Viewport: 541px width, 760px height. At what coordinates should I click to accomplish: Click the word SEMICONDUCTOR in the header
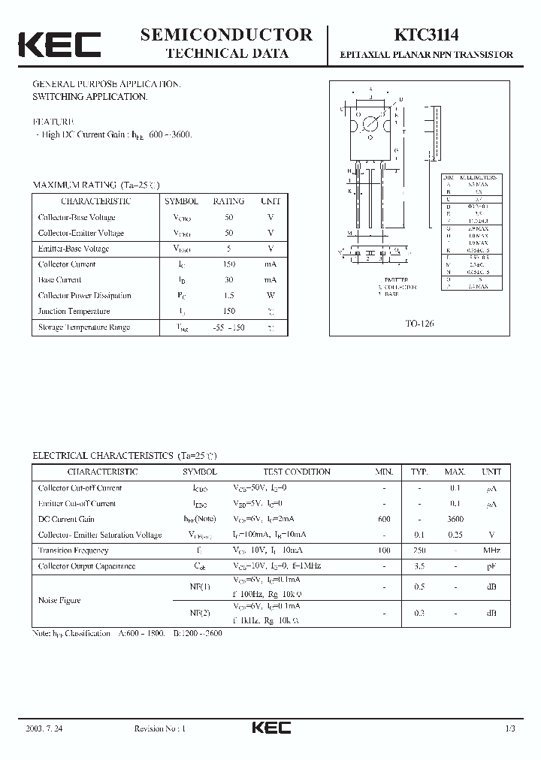[226, 35]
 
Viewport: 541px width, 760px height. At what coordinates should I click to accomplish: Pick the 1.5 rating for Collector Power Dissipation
[228, 295]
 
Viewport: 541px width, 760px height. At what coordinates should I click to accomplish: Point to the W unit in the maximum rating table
[270, 295]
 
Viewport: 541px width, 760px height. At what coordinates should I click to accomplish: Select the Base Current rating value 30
[228, 279]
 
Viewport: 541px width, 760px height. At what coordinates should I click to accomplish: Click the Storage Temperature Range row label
[83, 327]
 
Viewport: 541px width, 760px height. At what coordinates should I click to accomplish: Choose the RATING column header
[228, 201]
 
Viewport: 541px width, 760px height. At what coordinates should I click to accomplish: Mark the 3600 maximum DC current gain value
[455, 519]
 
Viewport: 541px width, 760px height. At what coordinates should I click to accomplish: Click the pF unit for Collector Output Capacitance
[491, 566]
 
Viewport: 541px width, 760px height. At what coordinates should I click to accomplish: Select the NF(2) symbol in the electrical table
[200, 614]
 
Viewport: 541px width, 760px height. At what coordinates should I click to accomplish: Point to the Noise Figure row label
[59, 600]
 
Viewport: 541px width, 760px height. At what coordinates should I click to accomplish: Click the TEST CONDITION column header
[297, 472]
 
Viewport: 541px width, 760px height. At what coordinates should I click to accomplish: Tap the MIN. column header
[384, 472]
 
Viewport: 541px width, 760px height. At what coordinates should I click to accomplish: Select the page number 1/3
[510, 728]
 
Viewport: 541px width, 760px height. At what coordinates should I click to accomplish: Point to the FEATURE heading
[53, 121]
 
